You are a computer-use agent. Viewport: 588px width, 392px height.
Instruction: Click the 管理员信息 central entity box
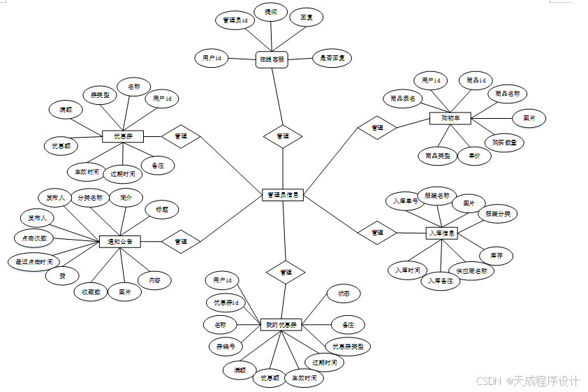tap(283, 195)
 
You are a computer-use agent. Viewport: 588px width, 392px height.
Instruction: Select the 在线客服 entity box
tap(272, 59)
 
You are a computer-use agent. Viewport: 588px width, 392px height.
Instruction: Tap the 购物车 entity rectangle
tap(450, 118)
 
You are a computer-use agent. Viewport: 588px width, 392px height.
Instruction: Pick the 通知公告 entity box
tap(120, 241)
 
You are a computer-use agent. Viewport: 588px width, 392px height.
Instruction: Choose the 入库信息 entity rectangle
tap(441, 233)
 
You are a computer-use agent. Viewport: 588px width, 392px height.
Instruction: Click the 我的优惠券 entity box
tap(282, 325)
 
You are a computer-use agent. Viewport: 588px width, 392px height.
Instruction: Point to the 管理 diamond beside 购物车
tap(377, 128)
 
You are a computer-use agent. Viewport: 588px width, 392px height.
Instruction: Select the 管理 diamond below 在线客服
tap(283, 136)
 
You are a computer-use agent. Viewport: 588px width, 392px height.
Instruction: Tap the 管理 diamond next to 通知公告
tap(181, 241)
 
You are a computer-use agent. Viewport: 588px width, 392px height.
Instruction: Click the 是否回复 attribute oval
tap(332, 57)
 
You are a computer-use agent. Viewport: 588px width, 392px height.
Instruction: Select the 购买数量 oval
tap(504, 142)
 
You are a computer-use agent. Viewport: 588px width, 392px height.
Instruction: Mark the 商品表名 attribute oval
tap(403, 99)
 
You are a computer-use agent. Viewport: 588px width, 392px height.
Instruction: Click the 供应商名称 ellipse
tap(471, 270)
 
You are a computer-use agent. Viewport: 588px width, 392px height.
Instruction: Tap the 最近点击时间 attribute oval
tap(34, 262)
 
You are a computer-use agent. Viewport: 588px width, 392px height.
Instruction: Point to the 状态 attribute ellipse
tap(344, 294)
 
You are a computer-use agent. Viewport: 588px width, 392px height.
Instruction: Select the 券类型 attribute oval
tap(101, 94)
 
